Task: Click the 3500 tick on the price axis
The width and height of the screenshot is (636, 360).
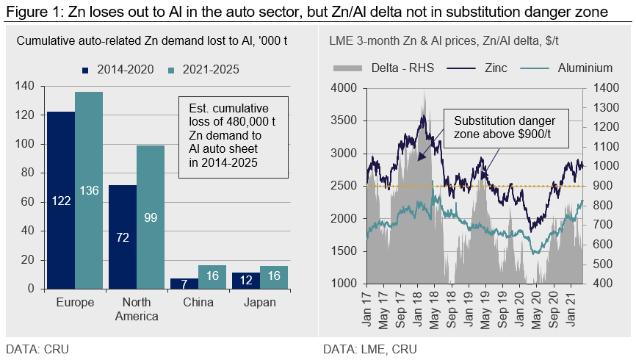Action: click(344, 120)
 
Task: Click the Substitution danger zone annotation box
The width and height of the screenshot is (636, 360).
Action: click(504, 127)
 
